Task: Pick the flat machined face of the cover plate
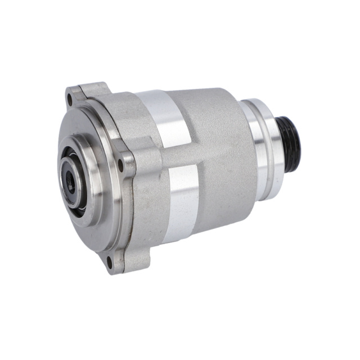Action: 96,214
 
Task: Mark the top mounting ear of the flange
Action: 84,93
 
